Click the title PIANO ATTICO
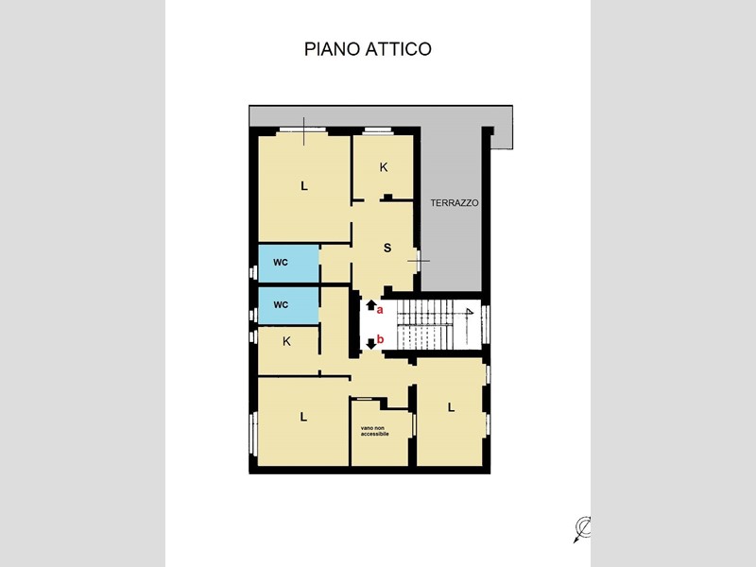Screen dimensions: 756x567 tap(368, 49)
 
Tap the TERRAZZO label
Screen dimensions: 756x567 tap(455, 203)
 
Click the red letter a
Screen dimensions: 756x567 tap(380, 310)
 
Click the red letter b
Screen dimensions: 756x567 tap(381, 339)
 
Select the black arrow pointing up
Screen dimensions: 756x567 tap(370, 304)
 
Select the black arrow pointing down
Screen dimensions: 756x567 tap(371, 344)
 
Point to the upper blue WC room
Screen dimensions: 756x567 tap(288, 264)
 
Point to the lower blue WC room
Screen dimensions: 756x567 tap(288, 305)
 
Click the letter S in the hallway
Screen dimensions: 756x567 tap(387, 249)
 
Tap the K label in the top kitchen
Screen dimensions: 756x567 tap(384, 167)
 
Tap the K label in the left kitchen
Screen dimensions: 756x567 tap(286, 341)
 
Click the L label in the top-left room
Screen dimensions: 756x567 tap(303, 186)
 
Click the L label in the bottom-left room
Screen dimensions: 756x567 tap(303, 417)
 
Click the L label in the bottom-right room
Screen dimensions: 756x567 tap(451, 407)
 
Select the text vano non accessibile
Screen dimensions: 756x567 tap(374, 431)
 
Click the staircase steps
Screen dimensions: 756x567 tap(425, 324)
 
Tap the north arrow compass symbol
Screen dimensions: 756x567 tap(582, 529)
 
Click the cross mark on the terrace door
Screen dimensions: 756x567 tap(419, 261)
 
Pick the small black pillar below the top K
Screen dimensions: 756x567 tap(387, 197)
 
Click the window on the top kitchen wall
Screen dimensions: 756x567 tap(379, 129)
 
